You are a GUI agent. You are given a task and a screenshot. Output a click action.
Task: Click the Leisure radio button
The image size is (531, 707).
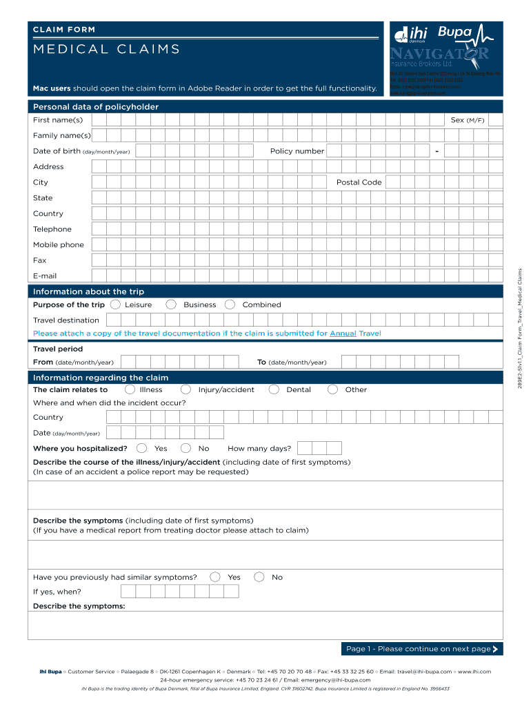point(115,304)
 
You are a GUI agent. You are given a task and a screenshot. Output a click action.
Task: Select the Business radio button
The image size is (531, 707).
point(171,304)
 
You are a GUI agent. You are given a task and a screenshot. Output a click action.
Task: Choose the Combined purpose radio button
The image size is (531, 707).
point(230,304)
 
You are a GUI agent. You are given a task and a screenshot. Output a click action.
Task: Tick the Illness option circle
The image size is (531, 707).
point(130,389)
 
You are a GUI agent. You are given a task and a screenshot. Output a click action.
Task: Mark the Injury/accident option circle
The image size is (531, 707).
point(187,389)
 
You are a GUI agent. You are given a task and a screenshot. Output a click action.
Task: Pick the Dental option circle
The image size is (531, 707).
point(274,389)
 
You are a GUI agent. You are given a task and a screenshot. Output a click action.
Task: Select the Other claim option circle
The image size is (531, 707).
point(332,389)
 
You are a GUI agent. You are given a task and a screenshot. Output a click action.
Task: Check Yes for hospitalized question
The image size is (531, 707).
point(142,448)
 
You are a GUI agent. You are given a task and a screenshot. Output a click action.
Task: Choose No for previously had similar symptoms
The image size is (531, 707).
point(259,577)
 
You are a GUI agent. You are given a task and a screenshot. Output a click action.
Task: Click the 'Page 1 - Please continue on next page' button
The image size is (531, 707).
point(422,648)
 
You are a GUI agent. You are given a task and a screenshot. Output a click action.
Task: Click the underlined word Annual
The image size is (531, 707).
point(343,333)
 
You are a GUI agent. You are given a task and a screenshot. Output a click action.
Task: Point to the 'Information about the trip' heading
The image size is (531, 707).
point(88,291)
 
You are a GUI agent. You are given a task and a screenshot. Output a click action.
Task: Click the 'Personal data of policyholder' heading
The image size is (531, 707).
point(96,107)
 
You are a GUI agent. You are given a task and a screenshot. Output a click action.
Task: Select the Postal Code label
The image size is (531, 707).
point(359,182)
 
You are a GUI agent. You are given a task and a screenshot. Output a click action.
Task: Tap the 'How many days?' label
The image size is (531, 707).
point(259,448)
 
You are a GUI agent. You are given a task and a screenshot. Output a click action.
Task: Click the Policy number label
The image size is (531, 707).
point(297,151)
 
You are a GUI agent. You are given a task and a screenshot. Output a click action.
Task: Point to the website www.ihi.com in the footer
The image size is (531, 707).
point(474,671)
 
